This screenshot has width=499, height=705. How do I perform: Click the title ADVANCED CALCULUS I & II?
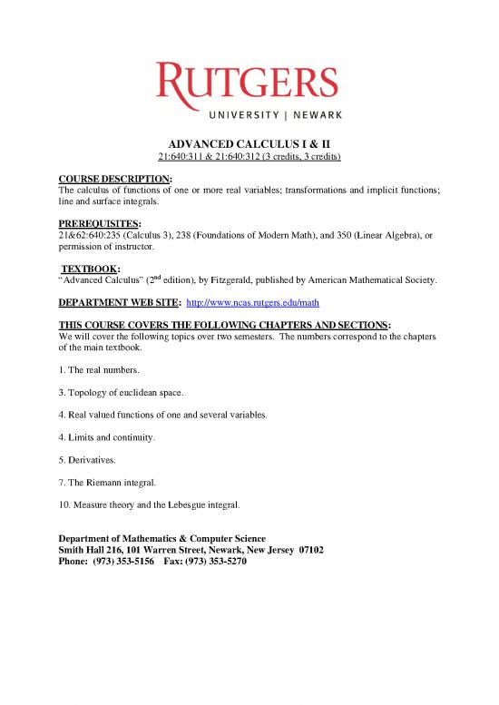249,143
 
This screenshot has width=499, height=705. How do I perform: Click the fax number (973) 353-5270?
213,562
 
